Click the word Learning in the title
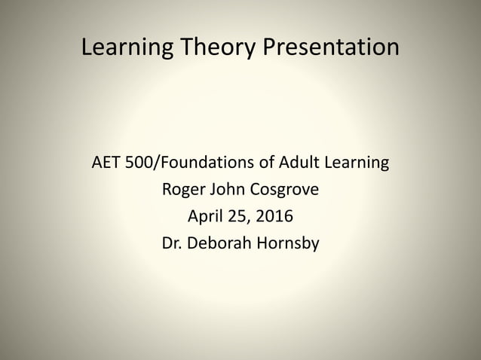click(x=124, y=48)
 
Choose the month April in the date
click(x=204, y=217)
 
